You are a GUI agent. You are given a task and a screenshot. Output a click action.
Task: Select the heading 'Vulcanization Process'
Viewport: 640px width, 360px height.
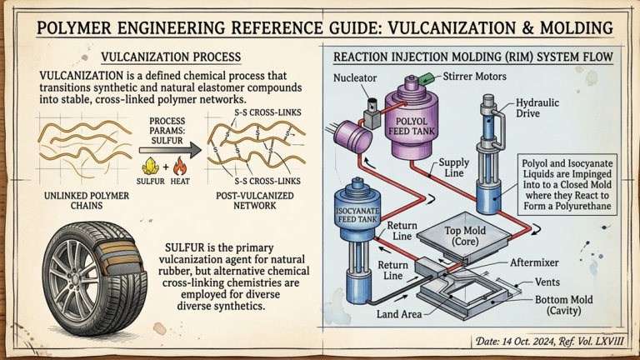171,57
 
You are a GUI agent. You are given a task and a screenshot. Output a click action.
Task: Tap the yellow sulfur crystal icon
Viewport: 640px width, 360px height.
151,165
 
